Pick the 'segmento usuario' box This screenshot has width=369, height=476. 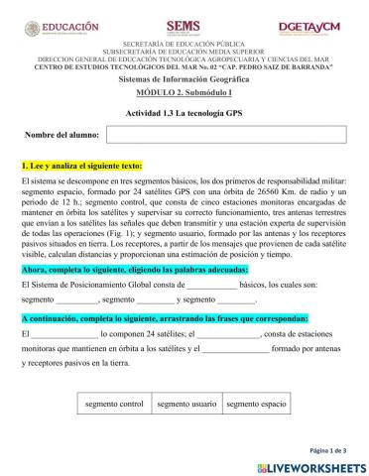pyautogui.click(x=185, y=405)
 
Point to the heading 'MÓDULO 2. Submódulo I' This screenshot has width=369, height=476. pyautogui.click(x=184, y=89)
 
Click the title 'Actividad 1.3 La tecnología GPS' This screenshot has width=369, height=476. pyautogui.click(x=184, y=112)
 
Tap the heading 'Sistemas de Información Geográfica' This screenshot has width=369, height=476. pyautogui.click(x=184, y=76)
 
